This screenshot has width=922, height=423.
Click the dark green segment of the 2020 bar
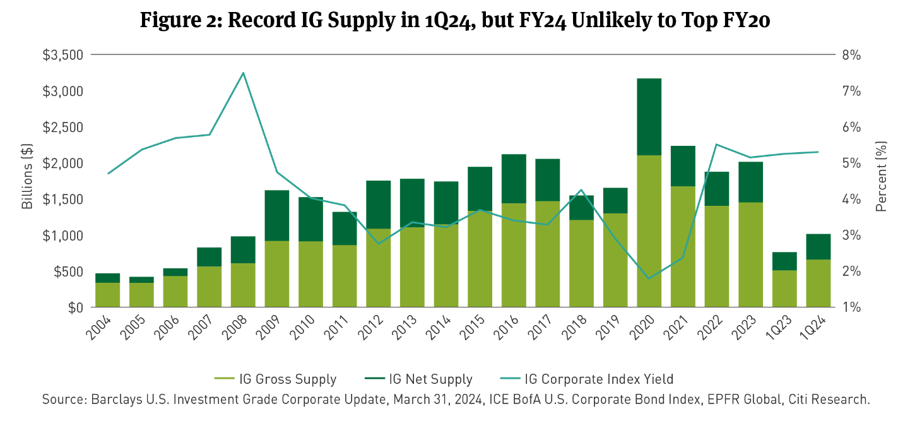tap(649, 117)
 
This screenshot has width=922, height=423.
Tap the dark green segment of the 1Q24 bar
tap(818, 247)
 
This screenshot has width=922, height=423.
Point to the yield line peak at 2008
tap(244, 73)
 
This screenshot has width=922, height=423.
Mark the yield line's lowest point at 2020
tap(649, 278)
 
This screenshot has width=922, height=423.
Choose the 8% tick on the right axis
tap(851, 56)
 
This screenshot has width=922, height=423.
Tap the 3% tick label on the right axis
tap(851, 235)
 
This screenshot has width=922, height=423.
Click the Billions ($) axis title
tap(27, 181)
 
